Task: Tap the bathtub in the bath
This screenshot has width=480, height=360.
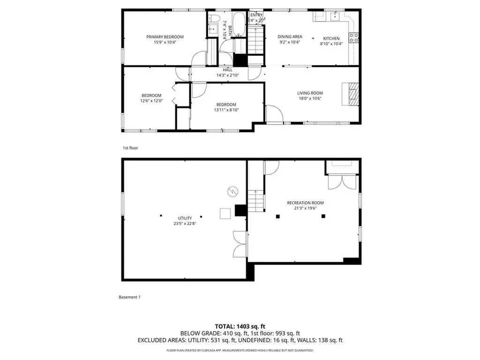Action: (239, 25)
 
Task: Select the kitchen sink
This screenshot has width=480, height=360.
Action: (336, 17)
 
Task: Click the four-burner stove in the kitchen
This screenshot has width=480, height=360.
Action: (354, 37)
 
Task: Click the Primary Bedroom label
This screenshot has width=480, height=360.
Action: (165, 37)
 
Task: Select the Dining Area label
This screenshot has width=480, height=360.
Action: (290, 37)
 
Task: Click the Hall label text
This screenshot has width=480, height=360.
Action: (228, 70)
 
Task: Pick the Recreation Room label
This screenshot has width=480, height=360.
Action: (305, 203)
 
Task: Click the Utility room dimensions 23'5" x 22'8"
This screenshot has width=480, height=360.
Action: (184, 224)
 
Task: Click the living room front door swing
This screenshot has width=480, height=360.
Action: (273, 114)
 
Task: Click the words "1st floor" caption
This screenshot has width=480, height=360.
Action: (130, 148)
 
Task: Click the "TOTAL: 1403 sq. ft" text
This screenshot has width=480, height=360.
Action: (240, 326)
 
